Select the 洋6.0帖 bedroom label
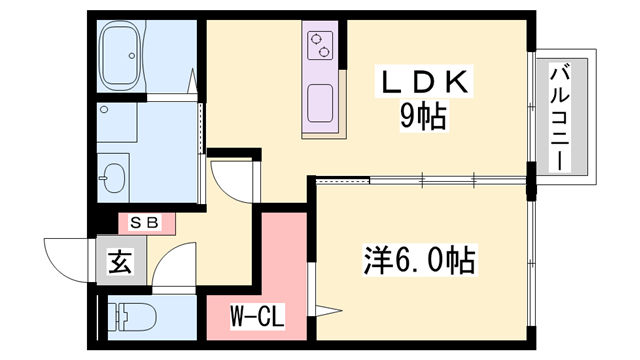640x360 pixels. pos(417,262)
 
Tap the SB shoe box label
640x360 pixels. pos(147,223)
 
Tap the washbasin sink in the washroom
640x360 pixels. pos(113,179)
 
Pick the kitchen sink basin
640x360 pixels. pos(321,101)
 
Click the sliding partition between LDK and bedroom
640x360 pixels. pos(420,181)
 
